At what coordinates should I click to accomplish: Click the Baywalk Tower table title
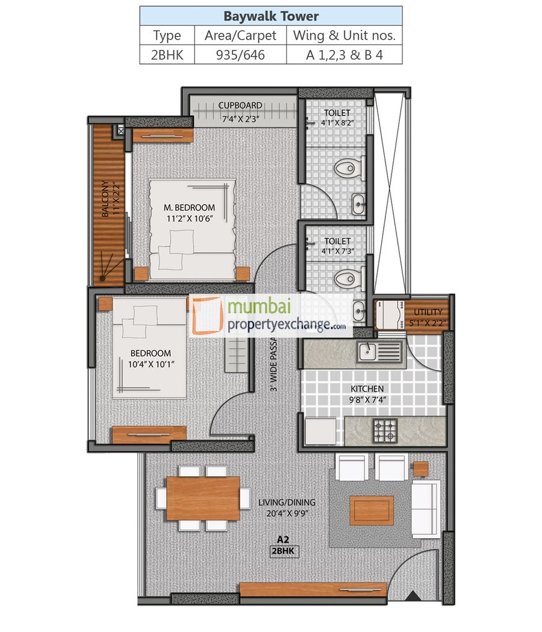click(x=270, y=16)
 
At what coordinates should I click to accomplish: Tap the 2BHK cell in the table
click(x=167, y=55)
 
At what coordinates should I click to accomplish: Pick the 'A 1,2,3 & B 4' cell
click(x=344, y=55)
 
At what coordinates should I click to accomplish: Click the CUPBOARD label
click(x=240, y=105)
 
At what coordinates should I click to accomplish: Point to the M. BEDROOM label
click(x=190, y=208)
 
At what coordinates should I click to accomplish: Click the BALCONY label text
click(x=106, y=199)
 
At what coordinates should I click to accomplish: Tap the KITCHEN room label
click(x=367, y=389)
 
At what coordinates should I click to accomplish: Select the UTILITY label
click(x=428, y=312)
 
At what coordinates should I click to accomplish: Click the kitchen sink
click(x=379, y=352)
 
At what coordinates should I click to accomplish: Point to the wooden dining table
click(x=203, y=498)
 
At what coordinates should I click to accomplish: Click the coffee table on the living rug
click(x=372, y=510)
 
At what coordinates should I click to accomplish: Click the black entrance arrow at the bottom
click(x=413, y=596)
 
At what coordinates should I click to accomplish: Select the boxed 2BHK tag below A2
click(x=284, y=550)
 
